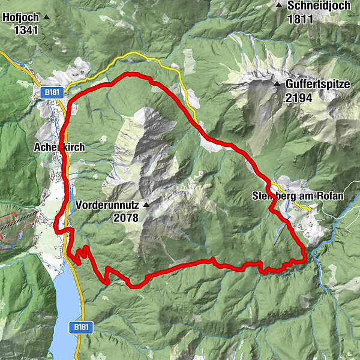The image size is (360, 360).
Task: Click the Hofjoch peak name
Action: (x=20, y=17)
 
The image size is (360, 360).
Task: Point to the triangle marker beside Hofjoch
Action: (x=46, y=17)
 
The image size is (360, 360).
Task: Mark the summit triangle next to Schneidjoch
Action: (x=279, y=5)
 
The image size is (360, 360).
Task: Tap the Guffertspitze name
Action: (x=317, y=85)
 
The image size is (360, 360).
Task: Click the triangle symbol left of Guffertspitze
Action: (x=277, y=85)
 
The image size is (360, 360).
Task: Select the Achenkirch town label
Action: (x=59, y=147)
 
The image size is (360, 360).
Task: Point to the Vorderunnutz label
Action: (x=107, y=204)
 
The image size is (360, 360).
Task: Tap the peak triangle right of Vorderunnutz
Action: (x=145, y=204)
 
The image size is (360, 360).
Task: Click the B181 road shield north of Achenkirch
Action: (x=51, y=93)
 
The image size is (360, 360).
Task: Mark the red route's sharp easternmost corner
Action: (x=305, y=259)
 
